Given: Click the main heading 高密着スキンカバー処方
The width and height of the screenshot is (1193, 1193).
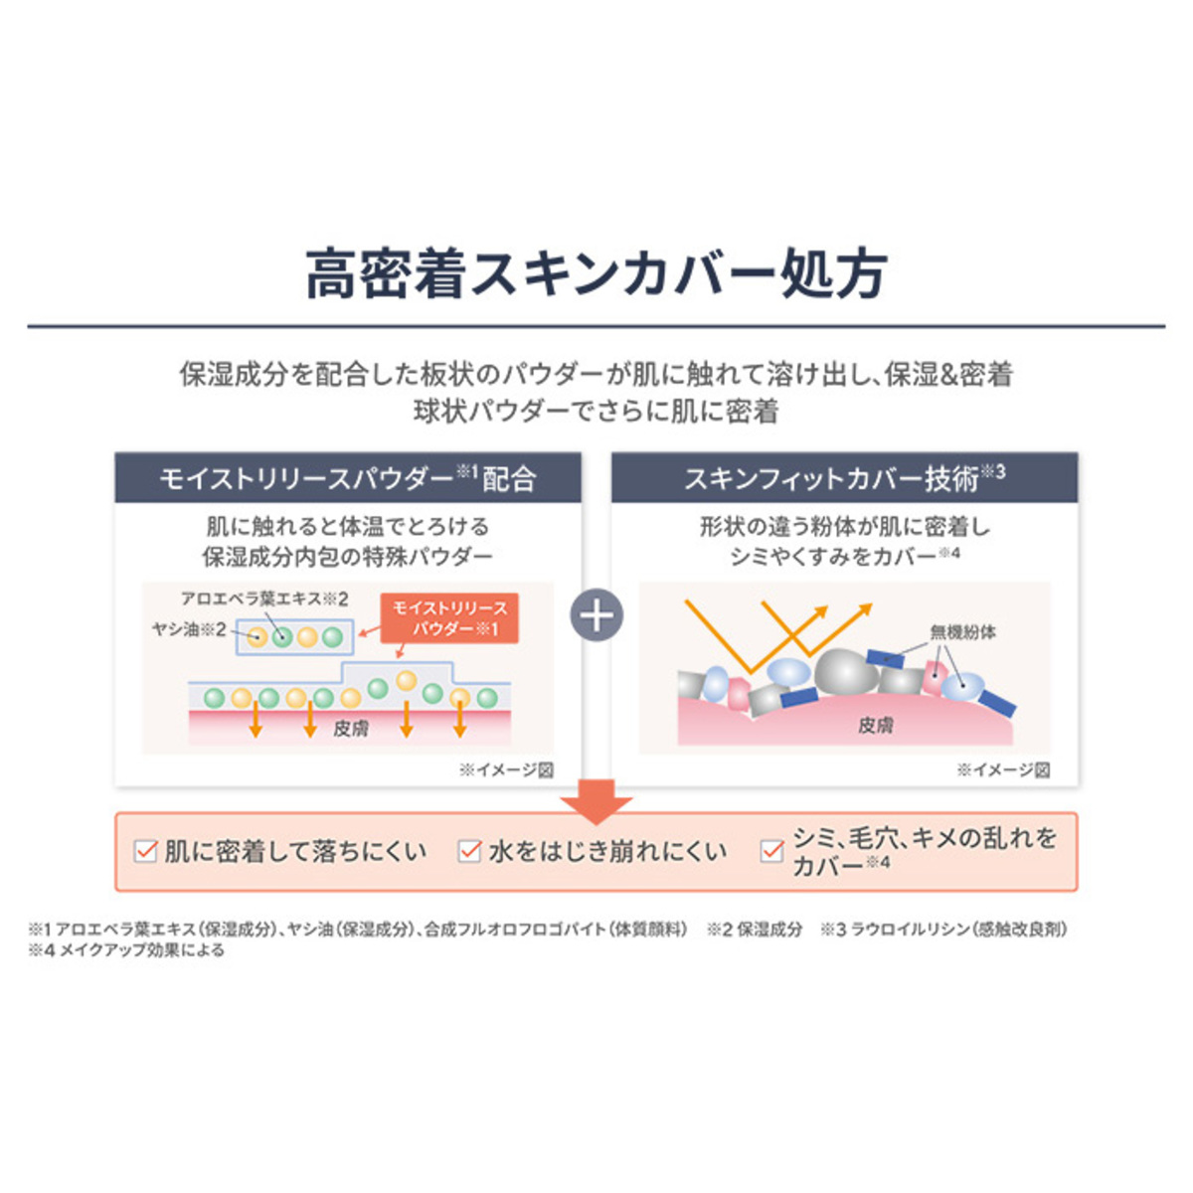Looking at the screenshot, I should (x=596, y=274).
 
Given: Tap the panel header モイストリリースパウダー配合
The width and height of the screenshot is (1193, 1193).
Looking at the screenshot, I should (x=348, y=478).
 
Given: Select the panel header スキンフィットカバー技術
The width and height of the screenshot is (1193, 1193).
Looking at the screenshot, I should (x=844, y=478).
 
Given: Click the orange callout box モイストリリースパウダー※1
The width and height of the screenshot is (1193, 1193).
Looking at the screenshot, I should (x=450, y=617).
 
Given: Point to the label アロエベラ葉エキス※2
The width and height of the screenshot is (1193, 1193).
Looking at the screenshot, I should (x=263, y=598).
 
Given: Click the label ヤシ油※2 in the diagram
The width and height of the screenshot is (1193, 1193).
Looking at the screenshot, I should (x=188, y=629).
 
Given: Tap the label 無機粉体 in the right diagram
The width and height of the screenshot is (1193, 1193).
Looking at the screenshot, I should (x=962, y=631).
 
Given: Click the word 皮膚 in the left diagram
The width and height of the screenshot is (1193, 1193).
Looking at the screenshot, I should (x=350, y=729).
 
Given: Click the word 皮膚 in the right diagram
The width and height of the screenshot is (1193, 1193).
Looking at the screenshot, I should (x=875, y=726).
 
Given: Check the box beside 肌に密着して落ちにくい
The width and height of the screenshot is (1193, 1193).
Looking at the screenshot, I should (x=146, y=851).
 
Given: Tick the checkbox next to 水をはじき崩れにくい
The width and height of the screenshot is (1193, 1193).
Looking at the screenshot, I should (x=469, y=851).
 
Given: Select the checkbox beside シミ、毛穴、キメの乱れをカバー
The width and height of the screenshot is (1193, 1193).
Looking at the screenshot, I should (x=771, y=851).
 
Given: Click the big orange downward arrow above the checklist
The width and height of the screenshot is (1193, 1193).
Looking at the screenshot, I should (x=596, y=800).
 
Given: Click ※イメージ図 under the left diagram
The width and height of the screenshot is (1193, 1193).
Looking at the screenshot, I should (x=505, y=769).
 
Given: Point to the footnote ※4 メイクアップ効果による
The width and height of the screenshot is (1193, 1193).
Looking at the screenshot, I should (x=126, y=950).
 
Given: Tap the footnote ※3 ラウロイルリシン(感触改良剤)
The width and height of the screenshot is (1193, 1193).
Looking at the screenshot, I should (x=943, y=930).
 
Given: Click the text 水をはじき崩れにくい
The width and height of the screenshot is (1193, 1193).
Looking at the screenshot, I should (x=607, y=851).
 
